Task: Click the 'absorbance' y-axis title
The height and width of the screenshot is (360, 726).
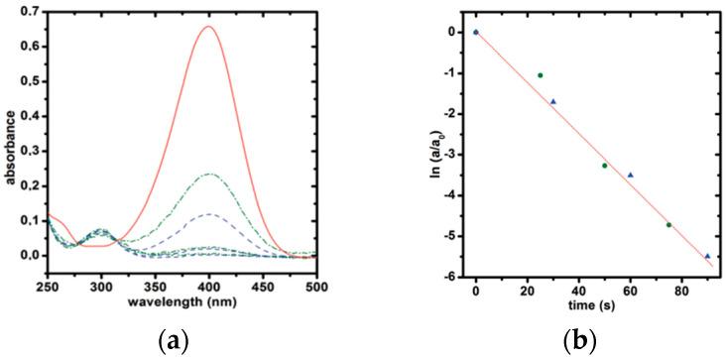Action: (x=9, y=139)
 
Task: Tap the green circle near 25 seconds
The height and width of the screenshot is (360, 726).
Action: (x=541, y=75)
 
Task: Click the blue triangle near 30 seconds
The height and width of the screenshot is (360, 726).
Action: (x=553, y=101)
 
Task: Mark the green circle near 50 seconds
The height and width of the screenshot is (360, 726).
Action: (x=605, y=166)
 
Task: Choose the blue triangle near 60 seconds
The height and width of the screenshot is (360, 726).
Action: (x=631, y=175)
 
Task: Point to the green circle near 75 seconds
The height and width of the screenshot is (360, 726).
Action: (x=669, y=225)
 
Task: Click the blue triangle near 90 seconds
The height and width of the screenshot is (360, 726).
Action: (x=707, y=256)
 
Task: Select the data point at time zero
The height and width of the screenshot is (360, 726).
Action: (x=476, y=32)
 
